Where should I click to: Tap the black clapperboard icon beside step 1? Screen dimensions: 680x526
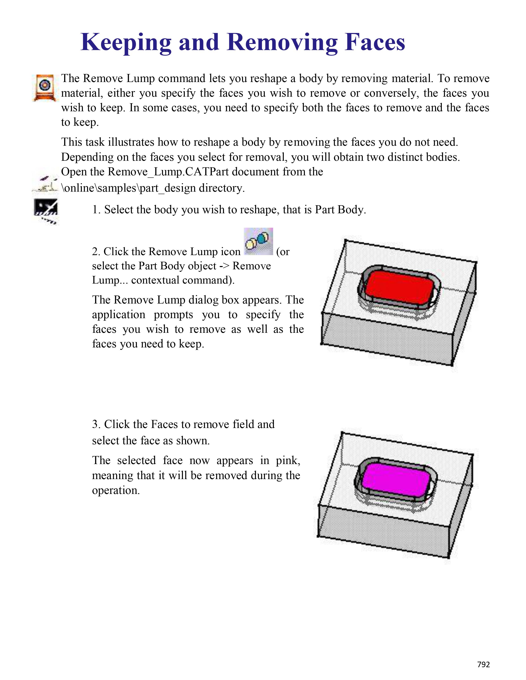[x=46, y=208]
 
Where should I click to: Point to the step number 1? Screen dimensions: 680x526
[x=95, y=210]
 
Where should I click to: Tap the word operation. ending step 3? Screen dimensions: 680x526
[x=116, y=490]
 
